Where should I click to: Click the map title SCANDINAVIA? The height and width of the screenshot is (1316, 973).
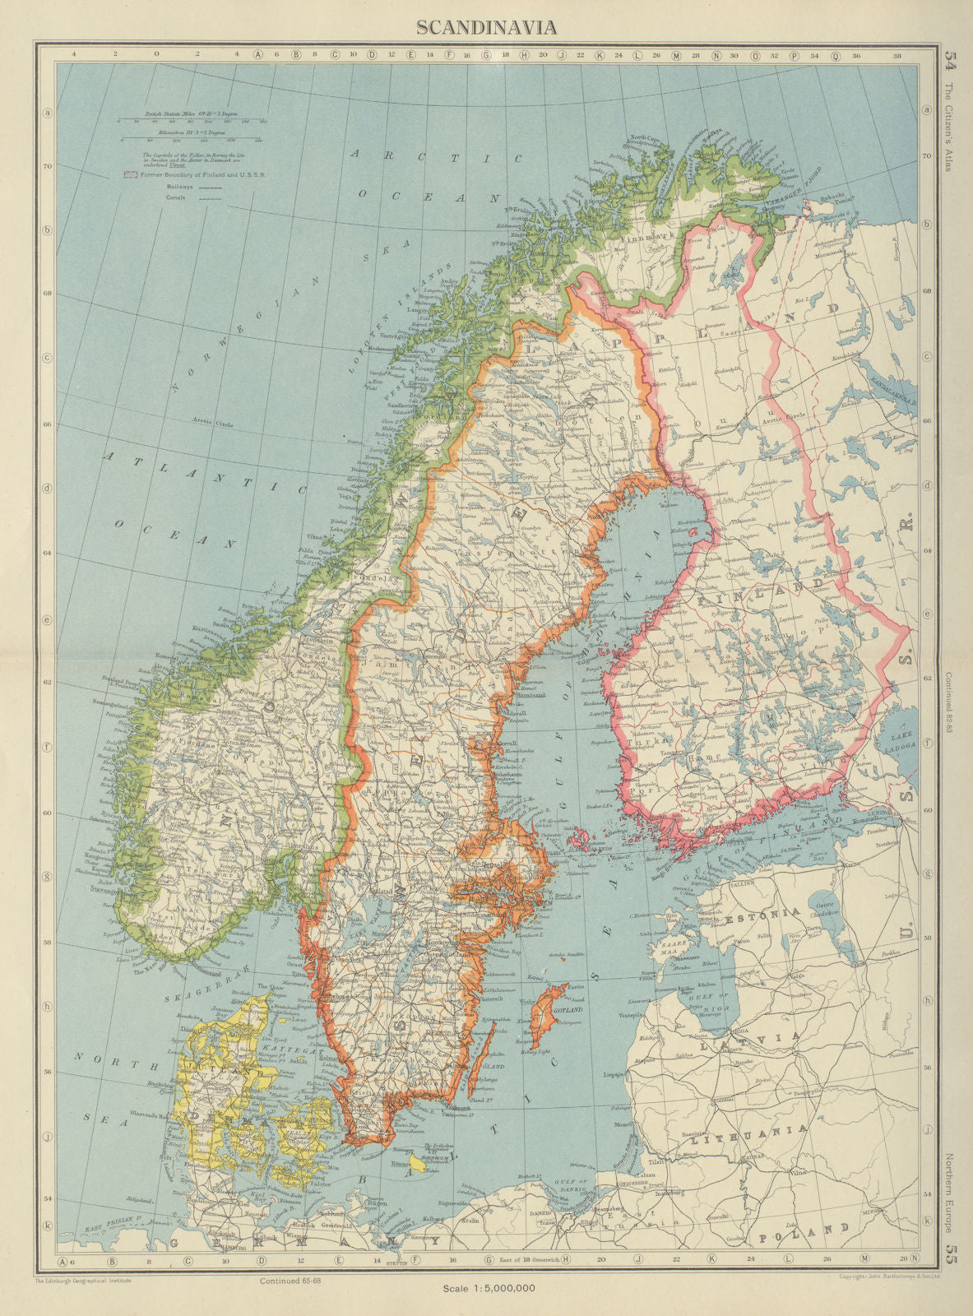486,27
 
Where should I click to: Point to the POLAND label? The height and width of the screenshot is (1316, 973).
803,1236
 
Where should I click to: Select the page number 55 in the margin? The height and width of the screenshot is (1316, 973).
952,1253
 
